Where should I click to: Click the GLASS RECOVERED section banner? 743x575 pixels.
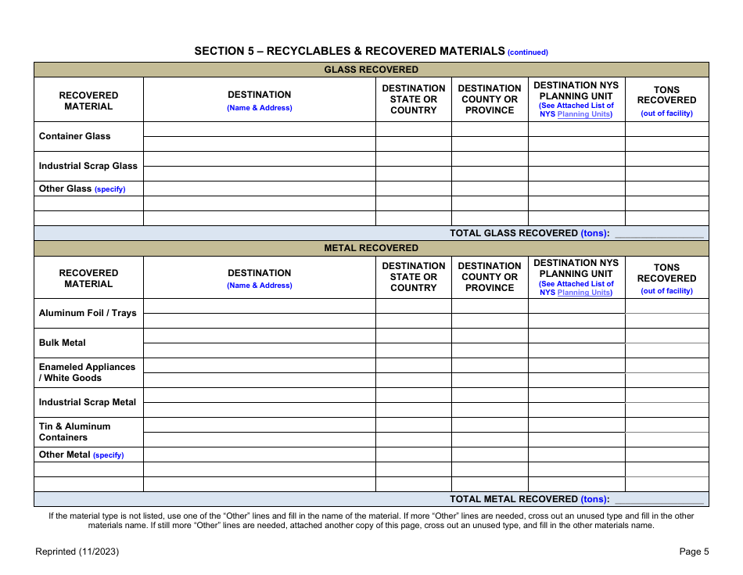tap(371, 70)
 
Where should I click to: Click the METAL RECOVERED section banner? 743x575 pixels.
tap(371, 248)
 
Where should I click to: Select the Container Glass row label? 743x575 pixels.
tap(75, 136)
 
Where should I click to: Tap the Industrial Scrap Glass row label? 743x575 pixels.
tap(88, 166)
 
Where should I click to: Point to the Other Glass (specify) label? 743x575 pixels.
tap(82, 189)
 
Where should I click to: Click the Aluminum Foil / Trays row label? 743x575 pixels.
tap(88, 313)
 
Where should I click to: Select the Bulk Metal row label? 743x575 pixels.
tap(63, 343)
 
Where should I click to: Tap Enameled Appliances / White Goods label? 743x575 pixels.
tap(87, 372)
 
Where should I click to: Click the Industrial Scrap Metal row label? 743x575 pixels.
tap(88, 402)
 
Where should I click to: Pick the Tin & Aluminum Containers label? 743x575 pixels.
tap(75, 432)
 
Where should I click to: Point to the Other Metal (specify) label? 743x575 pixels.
tap(81, 455)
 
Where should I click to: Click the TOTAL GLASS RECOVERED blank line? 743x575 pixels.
tap(659, 233)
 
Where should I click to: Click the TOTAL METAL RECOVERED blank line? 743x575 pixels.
tap(659, 499)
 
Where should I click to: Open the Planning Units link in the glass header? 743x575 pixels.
tap(583, 114)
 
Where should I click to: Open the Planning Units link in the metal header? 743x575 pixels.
tap(583, 293)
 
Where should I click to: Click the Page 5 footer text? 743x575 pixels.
tap(694, 552)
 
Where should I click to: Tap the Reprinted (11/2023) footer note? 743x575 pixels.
tap(77, 552)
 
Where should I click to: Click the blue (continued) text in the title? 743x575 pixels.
tap(528, 52)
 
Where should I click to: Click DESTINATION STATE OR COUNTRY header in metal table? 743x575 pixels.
tap(413, 277)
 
